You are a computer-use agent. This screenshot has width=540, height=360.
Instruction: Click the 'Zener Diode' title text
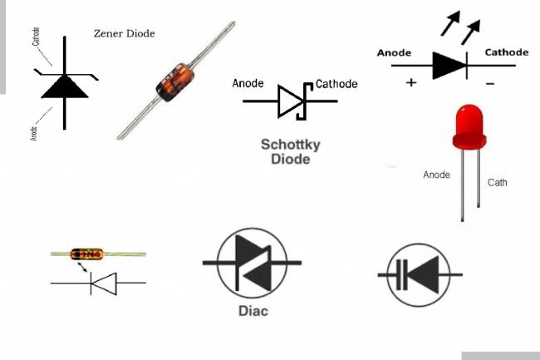point(125,33)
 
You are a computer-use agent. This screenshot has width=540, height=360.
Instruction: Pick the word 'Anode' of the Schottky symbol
point(248,83)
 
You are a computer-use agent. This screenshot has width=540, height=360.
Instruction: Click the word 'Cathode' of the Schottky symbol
point(336,83)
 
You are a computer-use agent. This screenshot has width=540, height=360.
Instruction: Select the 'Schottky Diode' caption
point(291,150)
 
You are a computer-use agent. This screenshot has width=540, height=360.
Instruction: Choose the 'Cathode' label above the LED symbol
point(507,52)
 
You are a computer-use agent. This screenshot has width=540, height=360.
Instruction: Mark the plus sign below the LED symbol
point(410,83)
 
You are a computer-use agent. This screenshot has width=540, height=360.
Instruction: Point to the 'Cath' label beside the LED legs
point(497,182)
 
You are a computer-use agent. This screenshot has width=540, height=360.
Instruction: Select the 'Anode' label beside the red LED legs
point(436,175)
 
